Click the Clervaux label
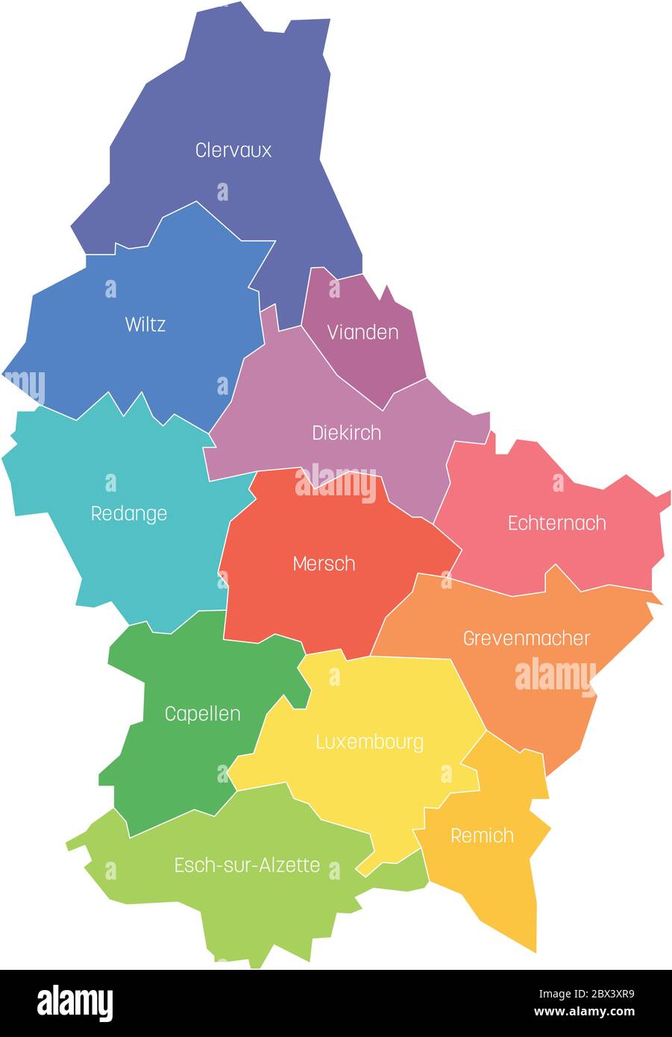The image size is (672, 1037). [233, 150]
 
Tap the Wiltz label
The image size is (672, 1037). [145, 325]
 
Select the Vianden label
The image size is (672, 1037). [362, 332]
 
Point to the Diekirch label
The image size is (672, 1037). [346, 433]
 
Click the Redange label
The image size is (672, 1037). [128, 513]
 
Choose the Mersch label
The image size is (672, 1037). [324, 563]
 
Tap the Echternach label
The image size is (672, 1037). [556, 523]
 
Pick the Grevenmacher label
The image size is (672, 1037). [526, 639]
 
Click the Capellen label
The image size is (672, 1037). [202, 714]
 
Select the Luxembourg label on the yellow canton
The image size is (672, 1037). [369, 742]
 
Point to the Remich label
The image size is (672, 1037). [482, 836]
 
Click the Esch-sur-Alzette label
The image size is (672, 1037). [247, 865]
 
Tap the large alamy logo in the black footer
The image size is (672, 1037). [75, 1003]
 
